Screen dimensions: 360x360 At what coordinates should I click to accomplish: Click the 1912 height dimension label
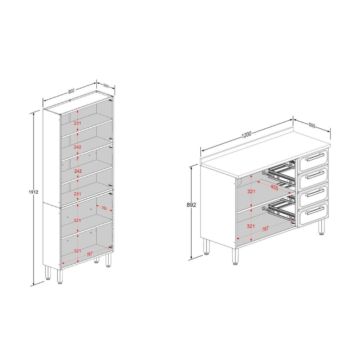[x=33, y=192]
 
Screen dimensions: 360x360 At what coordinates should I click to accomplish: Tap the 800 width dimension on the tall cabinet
[x=71, y=91]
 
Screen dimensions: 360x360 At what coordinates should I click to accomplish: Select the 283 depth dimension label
[x=105, y=86]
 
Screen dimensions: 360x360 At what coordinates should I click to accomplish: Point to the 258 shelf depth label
[x=104, y=208]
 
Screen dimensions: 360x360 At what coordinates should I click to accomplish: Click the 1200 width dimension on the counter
[x=246, y=135]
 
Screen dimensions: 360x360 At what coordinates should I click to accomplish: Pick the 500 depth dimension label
[x=312, y=126]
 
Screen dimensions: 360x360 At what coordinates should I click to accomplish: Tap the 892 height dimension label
[x=191, y=205]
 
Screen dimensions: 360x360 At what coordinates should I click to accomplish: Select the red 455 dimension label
[x=274, y=188]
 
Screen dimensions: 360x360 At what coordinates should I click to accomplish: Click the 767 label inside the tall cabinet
[x=89, y=254]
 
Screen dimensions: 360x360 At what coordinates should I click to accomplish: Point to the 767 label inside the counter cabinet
[x=265, y=229]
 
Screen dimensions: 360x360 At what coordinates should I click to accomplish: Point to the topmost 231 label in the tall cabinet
[x=77, y=123]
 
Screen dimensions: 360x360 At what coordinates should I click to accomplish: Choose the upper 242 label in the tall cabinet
[x=77, y=147]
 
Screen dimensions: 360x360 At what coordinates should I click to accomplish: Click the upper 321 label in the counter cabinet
[x=251, y=191]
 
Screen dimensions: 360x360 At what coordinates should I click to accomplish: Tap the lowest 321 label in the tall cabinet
[x=77, y=251]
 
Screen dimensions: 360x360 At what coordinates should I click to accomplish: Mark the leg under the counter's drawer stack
[x=321, y=228]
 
